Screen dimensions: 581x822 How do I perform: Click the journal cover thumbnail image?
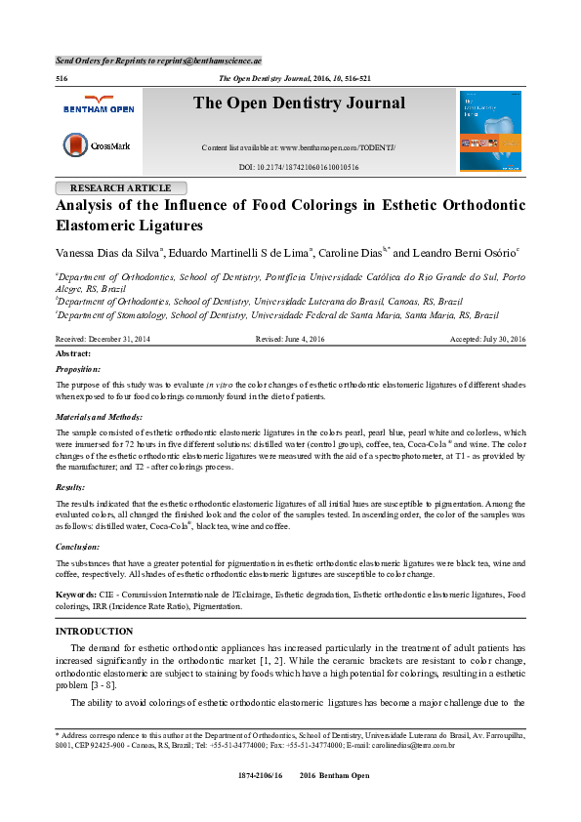click(x=489, y=130)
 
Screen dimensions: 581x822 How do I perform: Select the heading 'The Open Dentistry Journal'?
click(x=298, y=103)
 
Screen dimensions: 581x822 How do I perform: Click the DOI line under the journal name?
click(x=298, y=168)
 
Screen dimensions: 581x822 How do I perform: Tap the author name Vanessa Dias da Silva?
click(x=108, y=253)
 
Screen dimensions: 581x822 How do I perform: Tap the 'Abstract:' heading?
click(x=74, y=352)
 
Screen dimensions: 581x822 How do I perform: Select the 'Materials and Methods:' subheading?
click(x=102, y=417)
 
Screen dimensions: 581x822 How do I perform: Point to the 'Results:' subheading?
click(x=71, y=485)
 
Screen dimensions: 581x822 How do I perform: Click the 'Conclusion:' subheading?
click(x=78, y=547)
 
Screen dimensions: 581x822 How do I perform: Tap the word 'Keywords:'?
click(x=76, y=594)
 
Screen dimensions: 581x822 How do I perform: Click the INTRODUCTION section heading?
click(x=95, y=632)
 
